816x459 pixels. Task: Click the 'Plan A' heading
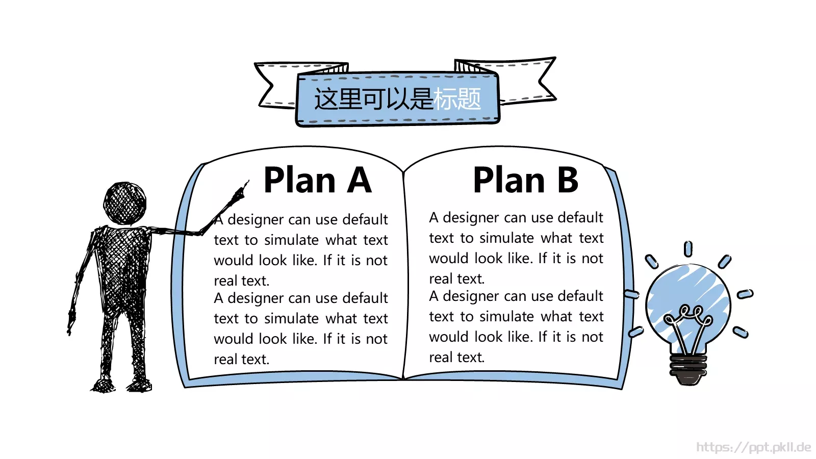317,180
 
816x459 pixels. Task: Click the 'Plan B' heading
526,180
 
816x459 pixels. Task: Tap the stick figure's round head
125,203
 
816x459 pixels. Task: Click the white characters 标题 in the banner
457,99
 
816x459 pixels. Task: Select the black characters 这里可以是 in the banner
373,99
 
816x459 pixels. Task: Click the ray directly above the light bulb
688,249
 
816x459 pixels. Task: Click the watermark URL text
754,447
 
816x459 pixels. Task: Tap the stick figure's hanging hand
71,321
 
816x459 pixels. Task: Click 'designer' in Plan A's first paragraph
256,220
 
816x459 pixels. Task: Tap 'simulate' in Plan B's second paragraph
507,317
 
